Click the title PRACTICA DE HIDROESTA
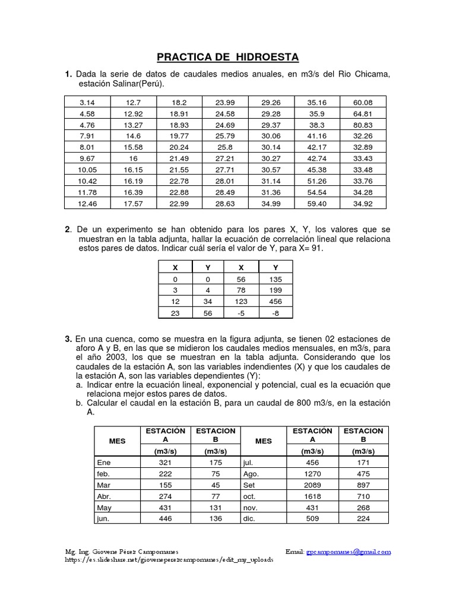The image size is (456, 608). coord(228,57)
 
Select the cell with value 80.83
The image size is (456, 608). coord(363,125)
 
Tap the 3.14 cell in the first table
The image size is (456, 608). coord(87,102)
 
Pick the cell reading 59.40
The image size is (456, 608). coord(318,204)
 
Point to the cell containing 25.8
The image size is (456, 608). coord(225,147)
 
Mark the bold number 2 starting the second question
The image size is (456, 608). coord(68,229)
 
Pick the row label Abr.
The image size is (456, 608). coord(105,496)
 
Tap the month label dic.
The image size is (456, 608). coord(249,518)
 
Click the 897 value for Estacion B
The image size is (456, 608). coord(363,485)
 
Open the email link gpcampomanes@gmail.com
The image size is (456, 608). coord(349,552)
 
